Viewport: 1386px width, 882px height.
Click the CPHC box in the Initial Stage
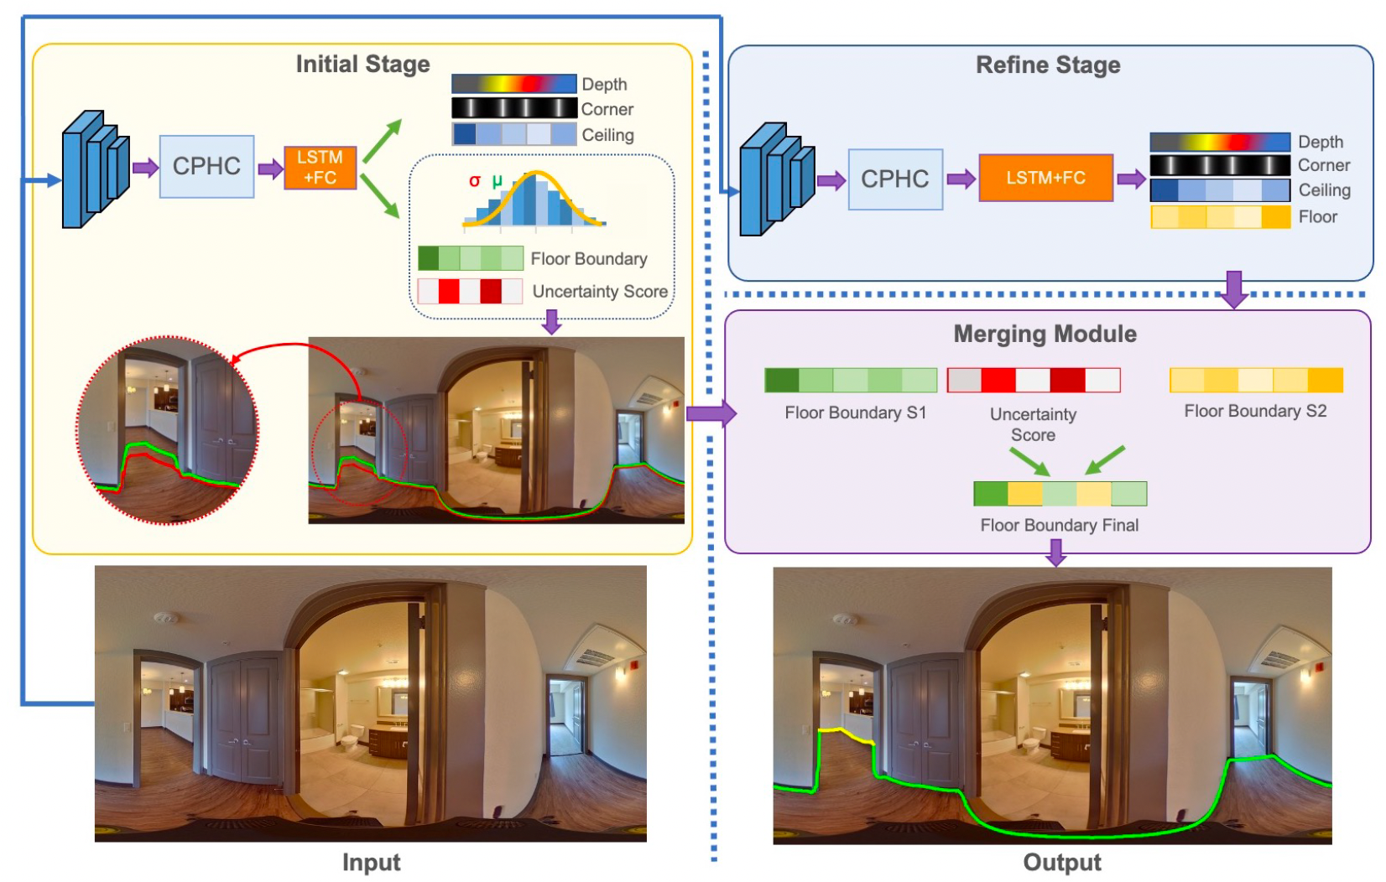tap(206, 167)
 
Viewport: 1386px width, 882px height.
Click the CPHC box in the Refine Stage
tap(895, 179)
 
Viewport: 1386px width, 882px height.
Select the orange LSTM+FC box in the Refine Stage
tap(1045, 178)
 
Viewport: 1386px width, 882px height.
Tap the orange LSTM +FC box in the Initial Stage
tap(320, 168)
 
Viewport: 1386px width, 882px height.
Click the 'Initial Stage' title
tap(362, 65)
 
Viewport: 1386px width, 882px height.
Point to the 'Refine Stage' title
tap(1048, 65)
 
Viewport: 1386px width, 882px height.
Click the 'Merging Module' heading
tap(1045, 335)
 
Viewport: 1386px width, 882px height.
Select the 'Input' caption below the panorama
tap(371, 863)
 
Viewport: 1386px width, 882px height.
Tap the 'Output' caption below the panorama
tap(1061, 863)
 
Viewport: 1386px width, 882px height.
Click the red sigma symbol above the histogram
tap(474, 181)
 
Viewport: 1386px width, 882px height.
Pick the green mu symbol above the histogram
tap(497, 180)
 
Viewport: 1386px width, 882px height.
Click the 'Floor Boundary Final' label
tap(1059, 526)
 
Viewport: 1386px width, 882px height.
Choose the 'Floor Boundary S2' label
tap(1255, 411)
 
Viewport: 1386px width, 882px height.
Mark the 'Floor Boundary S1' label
tap(855, 412)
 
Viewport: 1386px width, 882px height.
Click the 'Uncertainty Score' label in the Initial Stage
tap(600, 292)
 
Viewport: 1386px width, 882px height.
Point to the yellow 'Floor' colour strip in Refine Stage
tap(1220, 217)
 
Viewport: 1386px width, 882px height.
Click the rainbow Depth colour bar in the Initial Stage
tap(513, 84)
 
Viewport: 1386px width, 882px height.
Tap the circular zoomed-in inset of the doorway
tap(168, 430)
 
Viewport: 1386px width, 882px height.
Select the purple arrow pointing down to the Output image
tap(1056, 553)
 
